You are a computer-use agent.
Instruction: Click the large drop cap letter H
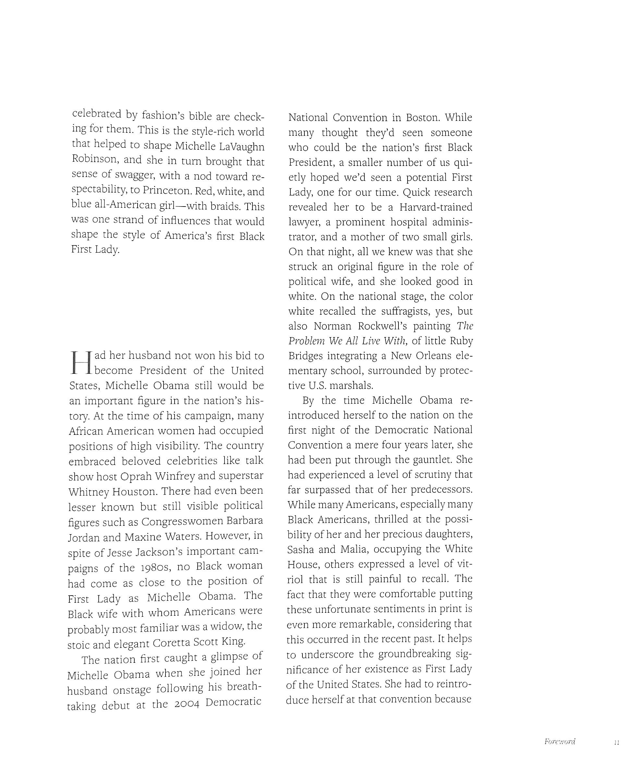[x=80, y=363]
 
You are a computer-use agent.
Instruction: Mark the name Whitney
[x=88, y=492]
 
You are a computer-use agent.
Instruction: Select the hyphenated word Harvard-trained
[x=436, y=207]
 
